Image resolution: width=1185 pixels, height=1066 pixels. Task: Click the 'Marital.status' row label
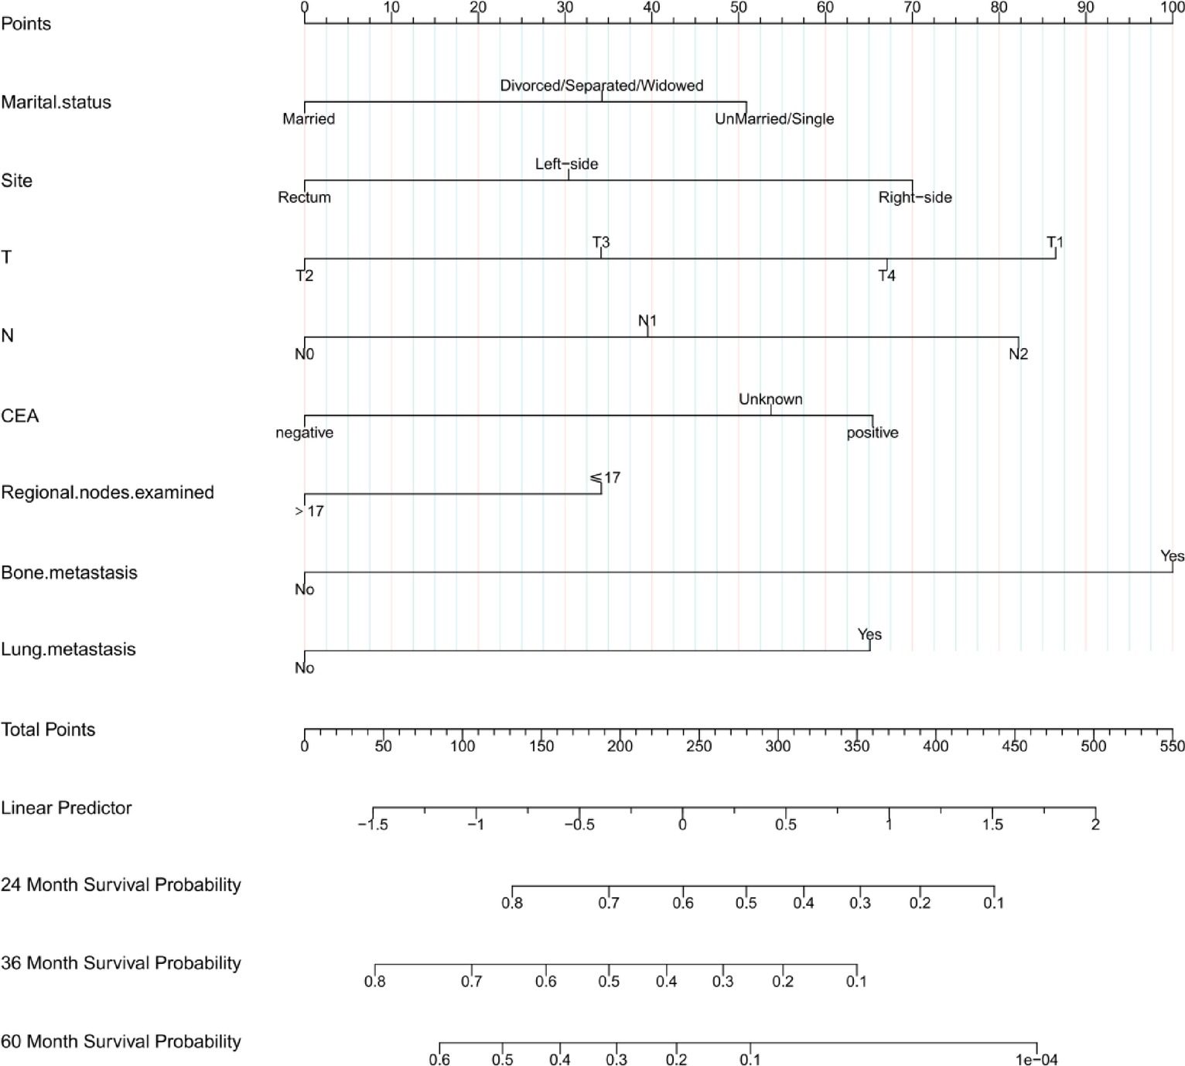[x=56, y=102]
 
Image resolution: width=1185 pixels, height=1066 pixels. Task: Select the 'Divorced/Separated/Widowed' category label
[x=601, y=86]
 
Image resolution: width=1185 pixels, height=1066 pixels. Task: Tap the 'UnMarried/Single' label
[x=774, y=119]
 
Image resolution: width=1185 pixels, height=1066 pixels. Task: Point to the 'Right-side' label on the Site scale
[x=915, y=197]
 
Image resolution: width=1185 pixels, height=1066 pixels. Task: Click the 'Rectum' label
[x=304, y=197]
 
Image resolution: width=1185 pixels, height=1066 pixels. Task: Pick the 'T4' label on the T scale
[x=886, y=275]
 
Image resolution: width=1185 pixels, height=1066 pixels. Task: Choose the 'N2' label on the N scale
[x=1018, y=354]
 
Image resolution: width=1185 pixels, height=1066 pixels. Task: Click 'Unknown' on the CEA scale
[x=770, y=399]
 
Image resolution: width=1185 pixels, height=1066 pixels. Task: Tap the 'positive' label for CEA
[x=873, y=432]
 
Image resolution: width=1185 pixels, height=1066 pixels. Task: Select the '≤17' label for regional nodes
[x=605, y=478]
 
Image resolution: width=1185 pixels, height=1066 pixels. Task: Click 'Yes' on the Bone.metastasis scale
[x=1172, y=556]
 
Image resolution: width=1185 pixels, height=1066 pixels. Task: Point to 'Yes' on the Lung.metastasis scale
[x=869, y=634]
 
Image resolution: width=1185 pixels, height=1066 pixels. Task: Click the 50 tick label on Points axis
[x=739, y=8]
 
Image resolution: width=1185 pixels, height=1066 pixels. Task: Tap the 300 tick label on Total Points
[x=777, y=746]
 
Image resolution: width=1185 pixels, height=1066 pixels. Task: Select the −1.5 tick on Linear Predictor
[x=373, y=825]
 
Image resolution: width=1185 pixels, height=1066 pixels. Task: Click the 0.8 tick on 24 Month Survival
[x=512, y=903]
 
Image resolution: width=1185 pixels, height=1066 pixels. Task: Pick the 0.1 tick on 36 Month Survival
[x=856, y=981]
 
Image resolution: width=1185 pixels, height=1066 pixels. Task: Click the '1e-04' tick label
[x=1036, y=1060]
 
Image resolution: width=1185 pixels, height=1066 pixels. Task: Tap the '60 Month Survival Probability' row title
[x=121, y=1042]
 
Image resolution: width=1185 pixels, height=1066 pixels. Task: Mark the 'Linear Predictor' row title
[x=67, y=808]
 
